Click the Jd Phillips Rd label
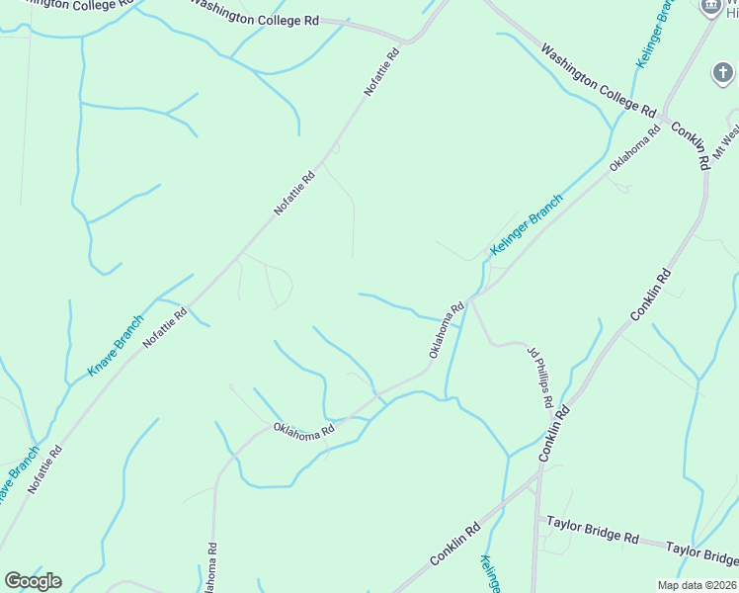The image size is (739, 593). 538,377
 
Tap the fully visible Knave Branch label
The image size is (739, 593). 117,345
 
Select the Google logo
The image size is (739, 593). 33,581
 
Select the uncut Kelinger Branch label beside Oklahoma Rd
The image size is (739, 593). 527,225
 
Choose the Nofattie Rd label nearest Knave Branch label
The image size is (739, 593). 165,330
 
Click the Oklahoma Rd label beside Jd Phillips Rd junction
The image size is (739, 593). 447,330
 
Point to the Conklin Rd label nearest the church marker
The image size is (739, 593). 689,144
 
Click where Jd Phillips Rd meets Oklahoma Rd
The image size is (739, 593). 472,298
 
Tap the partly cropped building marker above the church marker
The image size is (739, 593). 709,7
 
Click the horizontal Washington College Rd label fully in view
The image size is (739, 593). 256,19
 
